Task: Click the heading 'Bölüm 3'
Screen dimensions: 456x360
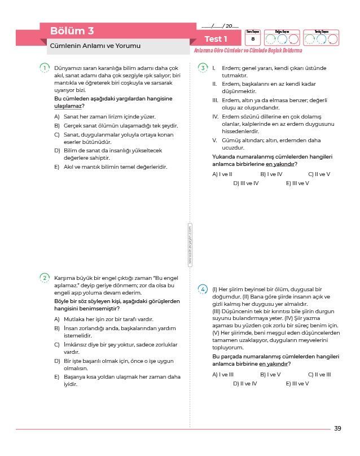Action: (x=72, y=30)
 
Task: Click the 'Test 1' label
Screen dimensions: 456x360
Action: (x=216, y=39)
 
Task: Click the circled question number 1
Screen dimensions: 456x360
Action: (x=45, y=68)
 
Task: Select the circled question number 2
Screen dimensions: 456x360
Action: (x=45, y=278)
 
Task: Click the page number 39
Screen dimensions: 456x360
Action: (x=337, y=428)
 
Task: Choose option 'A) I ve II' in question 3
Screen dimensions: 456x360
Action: (x=222, y=174)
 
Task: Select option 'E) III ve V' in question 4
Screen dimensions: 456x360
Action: (x=297, y=384)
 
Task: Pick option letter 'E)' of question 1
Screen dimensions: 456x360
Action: (x=57, y=167)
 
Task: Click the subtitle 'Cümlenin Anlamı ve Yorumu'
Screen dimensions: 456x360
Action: (x=95, y=46)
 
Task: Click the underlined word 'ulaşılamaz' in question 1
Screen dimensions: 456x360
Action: (x=68, y=106)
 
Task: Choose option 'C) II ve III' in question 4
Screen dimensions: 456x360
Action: (x=319, y=374)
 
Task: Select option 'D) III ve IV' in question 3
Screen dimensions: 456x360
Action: (x=246, y=183)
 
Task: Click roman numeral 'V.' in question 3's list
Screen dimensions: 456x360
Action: (x=214, y=141)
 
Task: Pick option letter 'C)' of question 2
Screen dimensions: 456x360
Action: (x=57, y=344)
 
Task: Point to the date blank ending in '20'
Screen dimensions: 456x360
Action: (x=220, y=27)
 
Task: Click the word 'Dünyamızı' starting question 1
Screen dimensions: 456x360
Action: (x=68, y=68)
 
